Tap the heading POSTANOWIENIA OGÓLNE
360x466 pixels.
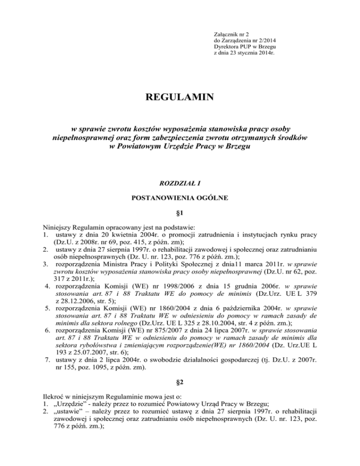180,198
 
